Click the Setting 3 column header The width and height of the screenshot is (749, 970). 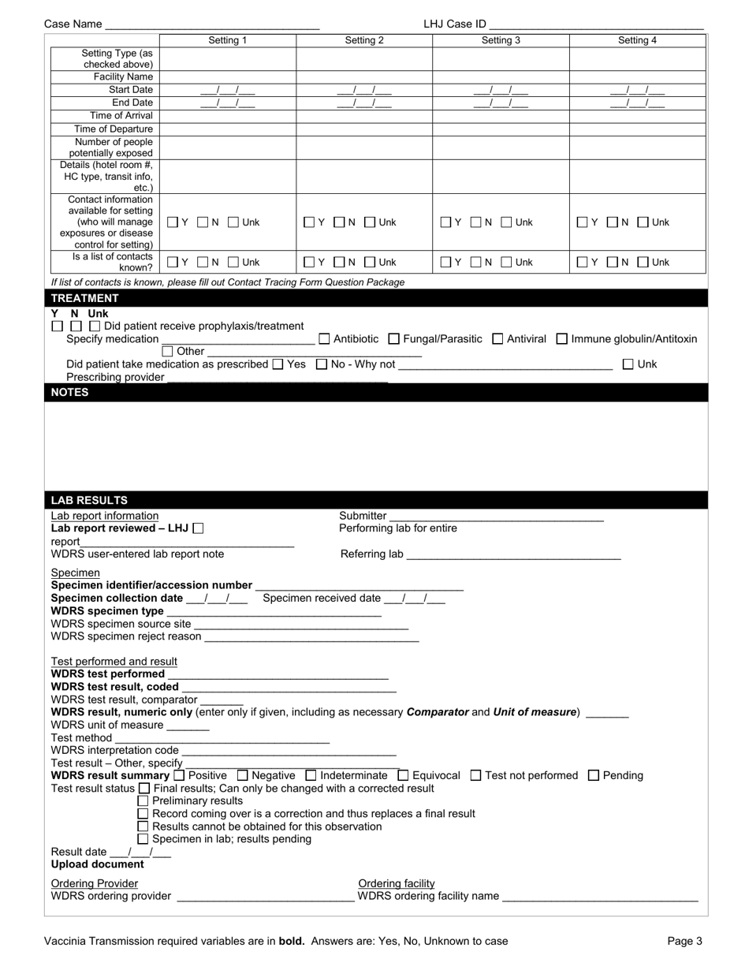point(501,40)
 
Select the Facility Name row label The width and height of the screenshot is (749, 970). point(123,76)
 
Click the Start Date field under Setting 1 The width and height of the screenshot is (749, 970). point(227,90)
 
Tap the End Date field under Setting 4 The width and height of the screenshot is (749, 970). point(637,103)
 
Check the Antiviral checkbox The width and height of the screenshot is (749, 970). point(497,339)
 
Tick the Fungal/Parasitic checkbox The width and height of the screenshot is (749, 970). point(394,339)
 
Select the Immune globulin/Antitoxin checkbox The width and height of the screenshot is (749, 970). point(562,339)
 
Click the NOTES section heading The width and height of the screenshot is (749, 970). point(70,392)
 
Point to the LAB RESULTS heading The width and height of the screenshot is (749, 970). point(89,500)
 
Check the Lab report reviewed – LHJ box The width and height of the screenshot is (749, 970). point(198,528)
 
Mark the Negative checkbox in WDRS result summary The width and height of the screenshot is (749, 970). point(242,776)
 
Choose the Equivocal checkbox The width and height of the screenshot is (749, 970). point(403,776)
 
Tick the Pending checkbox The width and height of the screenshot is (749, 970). point(594,776)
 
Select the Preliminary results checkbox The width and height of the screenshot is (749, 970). point(143,801)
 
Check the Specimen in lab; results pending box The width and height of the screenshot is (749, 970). point(143,839)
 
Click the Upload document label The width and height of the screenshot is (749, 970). point(98,864)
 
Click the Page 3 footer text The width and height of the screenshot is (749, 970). point(684,941)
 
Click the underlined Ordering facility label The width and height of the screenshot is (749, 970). point(397,883)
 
